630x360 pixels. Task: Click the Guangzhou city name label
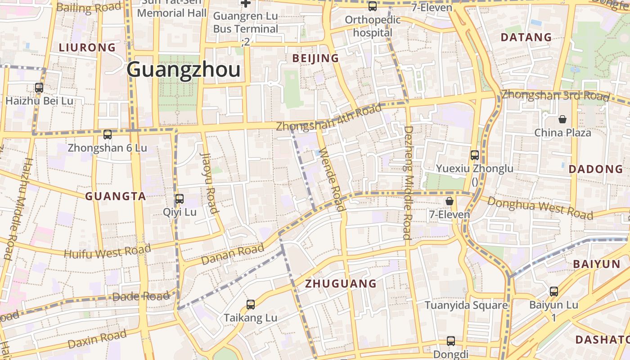[x=183, y=70]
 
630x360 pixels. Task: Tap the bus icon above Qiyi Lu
[x=180, y=198]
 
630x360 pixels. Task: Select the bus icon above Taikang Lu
[x=251, y=305]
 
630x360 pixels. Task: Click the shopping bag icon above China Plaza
[x=562, y=119]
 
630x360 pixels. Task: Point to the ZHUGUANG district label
[x=341, y=283]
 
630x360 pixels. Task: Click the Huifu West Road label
[x=107, y=251]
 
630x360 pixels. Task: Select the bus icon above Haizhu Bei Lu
[x=39, y=88]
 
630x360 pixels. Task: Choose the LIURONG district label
[x=87, y=47]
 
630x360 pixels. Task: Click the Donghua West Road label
[x=540, y=208]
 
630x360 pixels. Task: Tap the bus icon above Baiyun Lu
[x=554, y=292]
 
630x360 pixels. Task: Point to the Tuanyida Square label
[x=466, y=306]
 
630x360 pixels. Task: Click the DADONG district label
[x=596, y=169]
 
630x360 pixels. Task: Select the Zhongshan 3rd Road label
[x=555, y=96]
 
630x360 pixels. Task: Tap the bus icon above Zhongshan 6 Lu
[x=107, y=134]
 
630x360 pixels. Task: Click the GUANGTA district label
[x=116, y=196]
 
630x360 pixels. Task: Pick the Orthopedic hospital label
[x=373, y=26]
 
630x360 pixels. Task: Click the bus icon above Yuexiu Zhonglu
[x=475, y=155]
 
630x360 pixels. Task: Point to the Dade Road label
[x=141, y=297]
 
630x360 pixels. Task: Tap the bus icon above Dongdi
[x=451, y=341]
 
